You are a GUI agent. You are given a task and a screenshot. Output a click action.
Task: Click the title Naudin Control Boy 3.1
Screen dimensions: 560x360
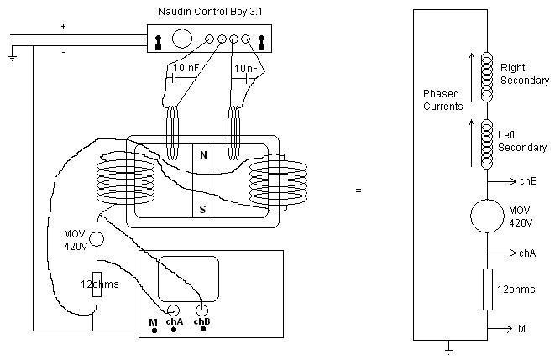210,12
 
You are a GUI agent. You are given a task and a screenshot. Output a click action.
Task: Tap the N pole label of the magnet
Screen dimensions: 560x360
203,155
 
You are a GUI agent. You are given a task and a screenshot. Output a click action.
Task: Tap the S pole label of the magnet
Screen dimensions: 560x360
202,209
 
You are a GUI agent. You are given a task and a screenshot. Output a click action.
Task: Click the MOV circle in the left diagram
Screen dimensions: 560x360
97,239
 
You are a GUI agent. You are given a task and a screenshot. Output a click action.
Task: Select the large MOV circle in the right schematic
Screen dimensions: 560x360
487,216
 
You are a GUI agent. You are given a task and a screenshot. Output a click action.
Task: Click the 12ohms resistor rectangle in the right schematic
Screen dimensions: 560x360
488,290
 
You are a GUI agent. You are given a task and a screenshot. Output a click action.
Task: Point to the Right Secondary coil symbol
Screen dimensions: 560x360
487,76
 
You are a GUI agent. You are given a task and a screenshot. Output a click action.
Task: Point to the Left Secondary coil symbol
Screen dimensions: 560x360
487,143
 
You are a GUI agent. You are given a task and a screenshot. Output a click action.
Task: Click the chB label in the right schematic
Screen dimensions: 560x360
528,181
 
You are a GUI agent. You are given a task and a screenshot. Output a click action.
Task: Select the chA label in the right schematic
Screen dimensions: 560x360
527,253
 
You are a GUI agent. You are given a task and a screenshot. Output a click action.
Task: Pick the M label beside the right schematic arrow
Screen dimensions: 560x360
521,329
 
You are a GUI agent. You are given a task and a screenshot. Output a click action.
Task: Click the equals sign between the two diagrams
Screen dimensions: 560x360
359,190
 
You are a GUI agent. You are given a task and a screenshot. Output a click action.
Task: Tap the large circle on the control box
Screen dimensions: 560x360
182,39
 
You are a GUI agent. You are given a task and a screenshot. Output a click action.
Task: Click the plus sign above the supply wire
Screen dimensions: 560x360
63,26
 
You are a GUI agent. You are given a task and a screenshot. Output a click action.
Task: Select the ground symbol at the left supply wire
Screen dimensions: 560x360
12,58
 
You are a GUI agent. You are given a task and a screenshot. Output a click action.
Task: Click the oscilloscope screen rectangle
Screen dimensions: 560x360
188,279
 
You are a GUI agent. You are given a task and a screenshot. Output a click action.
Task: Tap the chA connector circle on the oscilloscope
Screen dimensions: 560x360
173,310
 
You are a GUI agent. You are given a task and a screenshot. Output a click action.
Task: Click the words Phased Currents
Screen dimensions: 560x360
442,100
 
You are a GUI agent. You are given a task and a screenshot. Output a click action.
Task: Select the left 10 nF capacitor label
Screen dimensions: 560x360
186,67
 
